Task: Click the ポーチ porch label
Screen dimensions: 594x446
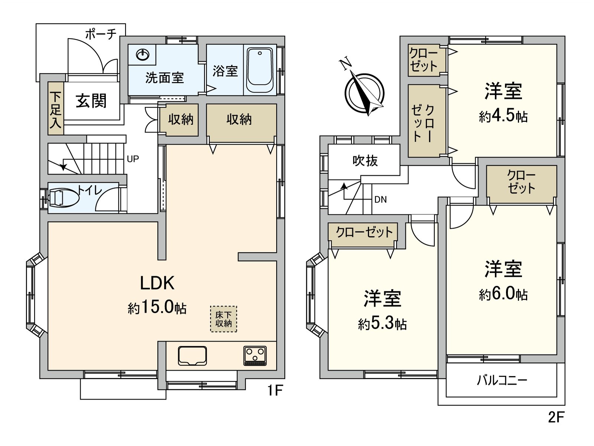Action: click(x=101, y=35)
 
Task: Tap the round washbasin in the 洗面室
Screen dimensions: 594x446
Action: click(x=143, y=55)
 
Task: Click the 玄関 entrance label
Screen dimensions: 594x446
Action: click(x=91, y=101)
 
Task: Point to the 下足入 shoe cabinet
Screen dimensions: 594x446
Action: click(x=56, y=108)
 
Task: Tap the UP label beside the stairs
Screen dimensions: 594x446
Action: click(x=133, y=159)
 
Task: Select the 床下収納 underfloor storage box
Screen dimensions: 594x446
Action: click(x=223, y=319)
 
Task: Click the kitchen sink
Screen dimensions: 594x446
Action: click(x=192, y=356)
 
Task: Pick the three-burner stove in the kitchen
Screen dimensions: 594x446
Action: click(x=255, y=356)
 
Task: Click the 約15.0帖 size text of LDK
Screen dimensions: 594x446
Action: click(x=157, y=308)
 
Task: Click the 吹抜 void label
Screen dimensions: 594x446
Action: click(x=365, y=161)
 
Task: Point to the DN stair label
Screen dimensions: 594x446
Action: click(x=381, y=200)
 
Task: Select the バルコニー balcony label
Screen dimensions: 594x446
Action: click(x=502, y=381)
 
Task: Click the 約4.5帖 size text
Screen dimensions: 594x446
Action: click(x=503, y=116)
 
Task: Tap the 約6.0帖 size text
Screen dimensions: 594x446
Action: click(x=503, y=294)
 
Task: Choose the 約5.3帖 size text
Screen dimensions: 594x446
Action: click(x=382, y=323)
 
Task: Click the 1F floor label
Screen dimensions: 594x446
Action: click(x=275, y=390)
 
